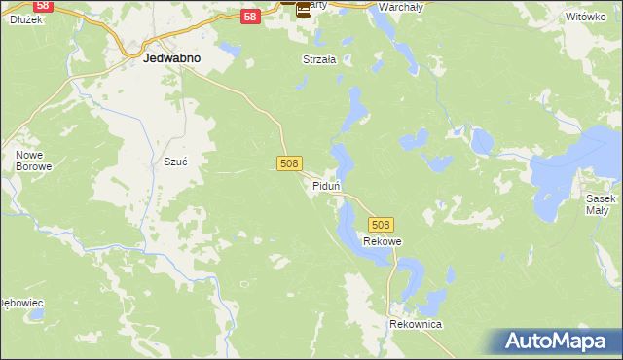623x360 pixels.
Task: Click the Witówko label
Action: tap(584, 18)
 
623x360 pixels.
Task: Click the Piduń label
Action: tap(325, 185)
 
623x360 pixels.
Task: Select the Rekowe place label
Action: tap(383, 241)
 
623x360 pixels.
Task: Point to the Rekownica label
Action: tap(416, 324)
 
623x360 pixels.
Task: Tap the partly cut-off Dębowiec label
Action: tap(21, 303)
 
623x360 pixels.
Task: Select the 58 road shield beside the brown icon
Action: tap(250, 17)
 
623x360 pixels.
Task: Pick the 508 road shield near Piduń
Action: tap(288, 164)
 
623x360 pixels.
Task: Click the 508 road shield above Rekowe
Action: tap(381, 225)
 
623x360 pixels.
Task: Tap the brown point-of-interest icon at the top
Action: tap(304, 10)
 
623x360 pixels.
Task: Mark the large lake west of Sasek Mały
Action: tap(569, 170)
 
